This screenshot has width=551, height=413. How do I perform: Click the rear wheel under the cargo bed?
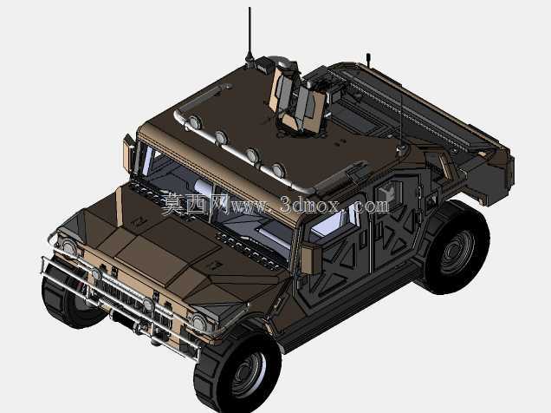click(x=456, y=247)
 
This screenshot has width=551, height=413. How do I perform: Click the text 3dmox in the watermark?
click(x=309, y=205)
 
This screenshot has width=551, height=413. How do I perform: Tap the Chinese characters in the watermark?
click(x=195, y=203)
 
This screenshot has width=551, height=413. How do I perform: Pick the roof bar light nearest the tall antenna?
click(x=194, y=123)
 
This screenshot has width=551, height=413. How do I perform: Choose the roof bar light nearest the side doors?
click(x=277, y=170)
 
